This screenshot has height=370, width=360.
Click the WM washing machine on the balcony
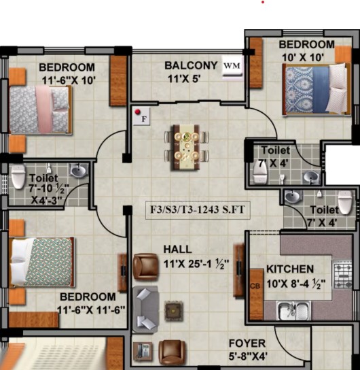tap(232, 66)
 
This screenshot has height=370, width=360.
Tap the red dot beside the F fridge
tap(138, 112)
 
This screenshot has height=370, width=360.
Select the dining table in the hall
tap(186, 148)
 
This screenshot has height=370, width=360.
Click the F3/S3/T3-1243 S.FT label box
tap(198, 209)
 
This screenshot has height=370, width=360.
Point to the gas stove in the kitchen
tap(343, 275)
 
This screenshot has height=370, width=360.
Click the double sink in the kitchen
tap(293, 310)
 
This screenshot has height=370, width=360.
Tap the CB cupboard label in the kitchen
tap(255, 286)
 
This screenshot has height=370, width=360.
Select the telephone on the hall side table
tap(143, 351)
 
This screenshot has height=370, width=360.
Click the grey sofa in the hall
tap(145, 309)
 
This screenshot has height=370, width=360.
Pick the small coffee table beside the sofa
tap(174, 311)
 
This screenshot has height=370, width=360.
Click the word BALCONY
tap(191, 65)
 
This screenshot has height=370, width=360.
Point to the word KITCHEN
tap(290, 269)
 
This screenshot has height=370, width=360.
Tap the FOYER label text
tap(247, 343)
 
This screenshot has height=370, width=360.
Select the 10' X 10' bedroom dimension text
tap(303, 58)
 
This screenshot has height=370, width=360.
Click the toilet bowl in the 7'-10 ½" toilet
tap(18, 177)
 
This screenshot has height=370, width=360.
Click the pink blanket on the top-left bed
tap(43, 110)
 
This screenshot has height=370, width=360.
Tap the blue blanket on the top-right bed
tap(321, 90)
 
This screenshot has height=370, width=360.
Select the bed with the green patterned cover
tap(42, 262)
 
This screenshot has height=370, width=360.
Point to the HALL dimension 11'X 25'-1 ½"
tap(196, 264)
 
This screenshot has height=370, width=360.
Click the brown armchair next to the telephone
tap(172, 352)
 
